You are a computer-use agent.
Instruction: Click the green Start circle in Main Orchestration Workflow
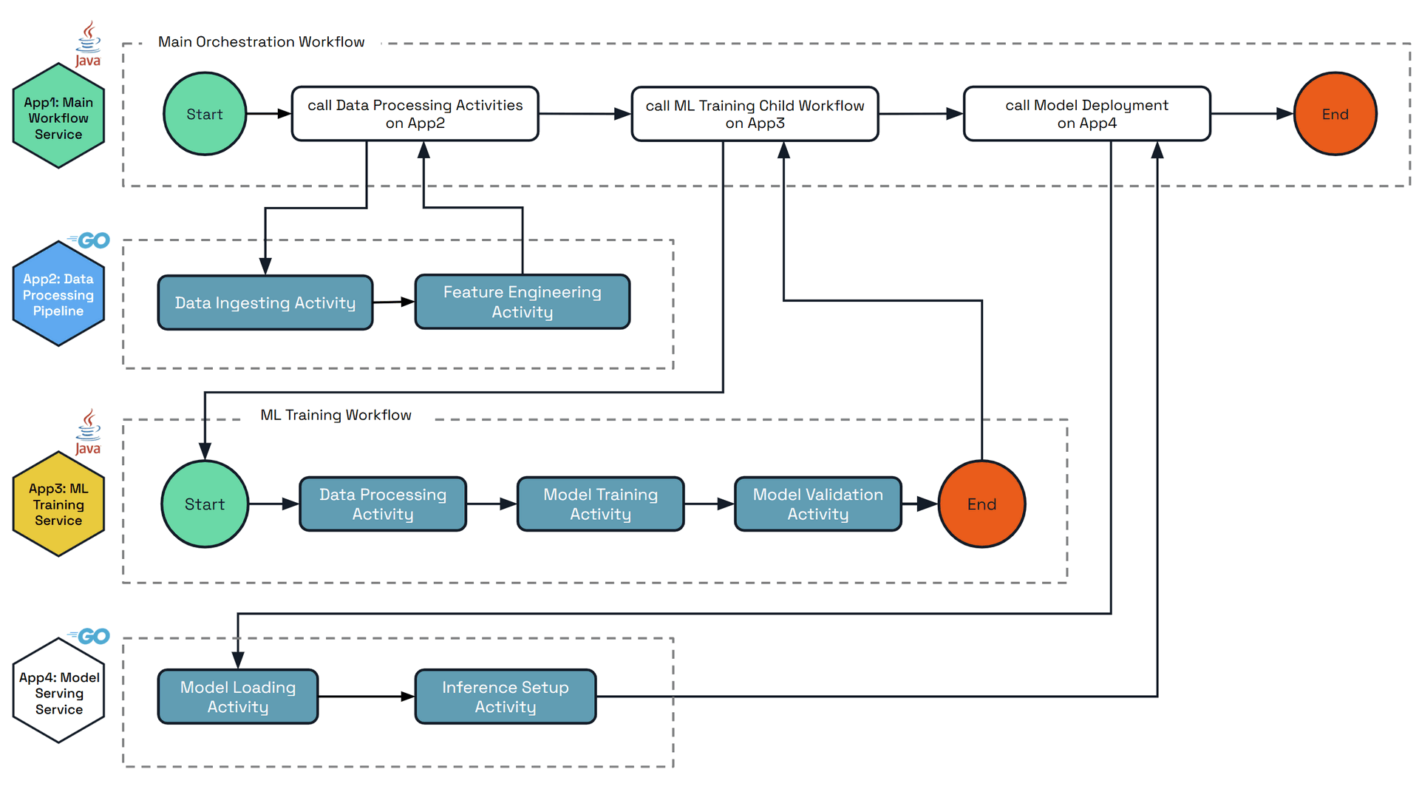click(x=205, y=114)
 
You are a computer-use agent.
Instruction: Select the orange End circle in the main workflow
click(x=1335, y=114)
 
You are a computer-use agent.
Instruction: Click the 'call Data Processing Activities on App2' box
click(x=415, y=114)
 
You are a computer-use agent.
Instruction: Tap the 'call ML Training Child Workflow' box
click(x=755, y=114)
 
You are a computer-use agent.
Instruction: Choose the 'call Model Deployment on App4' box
click(x=1086, y=114)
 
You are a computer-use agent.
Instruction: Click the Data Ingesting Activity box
click(x=265, y=302)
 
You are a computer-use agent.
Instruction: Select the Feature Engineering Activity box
click(x=522, y=302)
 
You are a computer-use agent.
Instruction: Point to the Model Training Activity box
click(x=600, y=504)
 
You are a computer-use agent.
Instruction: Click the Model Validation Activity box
click(x=817, y=504)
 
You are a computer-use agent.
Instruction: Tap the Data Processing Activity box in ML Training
click(x=383, y=504)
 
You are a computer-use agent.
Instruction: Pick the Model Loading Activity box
click(x=238, y=697)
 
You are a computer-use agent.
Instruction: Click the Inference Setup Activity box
click(x=506, y=697)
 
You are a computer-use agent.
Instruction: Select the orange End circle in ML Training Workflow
click(x=981, y=504)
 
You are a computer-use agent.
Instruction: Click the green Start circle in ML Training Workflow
click(x=205, y=504)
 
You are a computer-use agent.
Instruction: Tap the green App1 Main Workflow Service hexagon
click(x=58, y=118)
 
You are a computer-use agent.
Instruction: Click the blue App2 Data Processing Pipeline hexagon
click(x=58, y=294)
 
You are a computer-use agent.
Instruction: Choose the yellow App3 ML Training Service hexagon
click(x=58, y=504)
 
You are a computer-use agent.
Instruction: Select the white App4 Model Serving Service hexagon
click(x=58, y=693)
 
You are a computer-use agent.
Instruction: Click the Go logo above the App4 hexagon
click(x=90, y=636)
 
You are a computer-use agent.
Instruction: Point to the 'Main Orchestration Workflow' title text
click(x=261, y=42)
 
